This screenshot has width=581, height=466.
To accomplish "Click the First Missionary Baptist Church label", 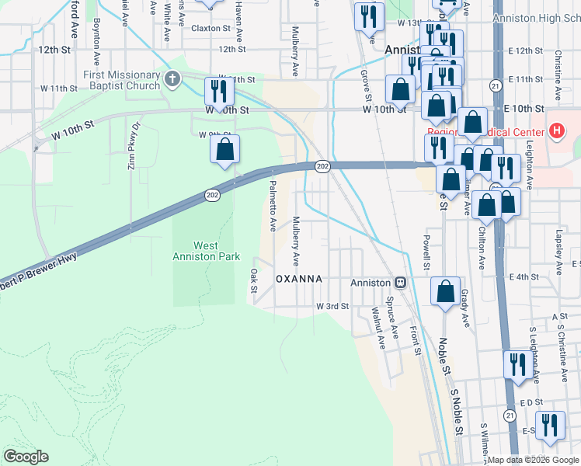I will [122, 80].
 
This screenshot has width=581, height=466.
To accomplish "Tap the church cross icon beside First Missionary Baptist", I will [172, 79].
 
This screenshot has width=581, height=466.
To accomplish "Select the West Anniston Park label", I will [205, 251].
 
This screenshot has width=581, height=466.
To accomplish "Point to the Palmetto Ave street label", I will [273, 206].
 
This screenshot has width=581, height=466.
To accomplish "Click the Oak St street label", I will [254, 280].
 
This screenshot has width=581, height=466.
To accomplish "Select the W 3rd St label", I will [332, 307].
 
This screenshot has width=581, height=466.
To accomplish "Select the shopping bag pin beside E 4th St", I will [445, 292].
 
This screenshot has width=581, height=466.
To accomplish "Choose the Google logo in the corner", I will [26, 457].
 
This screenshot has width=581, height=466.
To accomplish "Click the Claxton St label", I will [211, 28].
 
